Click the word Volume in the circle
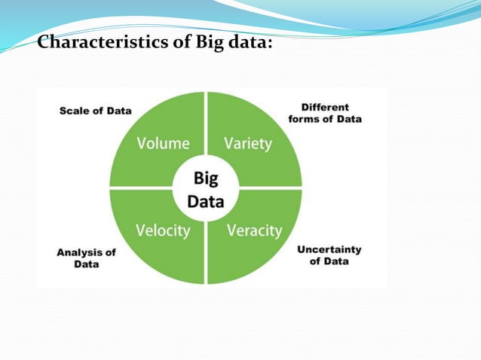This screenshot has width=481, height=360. tap(162, 143)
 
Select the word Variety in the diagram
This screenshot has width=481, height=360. tap(248, 143)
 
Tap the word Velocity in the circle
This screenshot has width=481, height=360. tap(162, 230)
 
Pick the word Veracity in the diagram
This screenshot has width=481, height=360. tap(254, 230)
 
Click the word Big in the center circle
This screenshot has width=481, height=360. tap(205, 178)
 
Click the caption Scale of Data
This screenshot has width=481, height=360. tap(96, 111)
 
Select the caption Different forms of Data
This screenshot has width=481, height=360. tap(326, 113)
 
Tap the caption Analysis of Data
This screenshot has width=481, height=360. tap(86, 258)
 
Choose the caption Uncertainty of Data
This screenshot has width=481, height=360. tap(329, 255)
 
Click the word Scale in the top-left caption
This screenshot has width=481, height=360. tap(75, 111)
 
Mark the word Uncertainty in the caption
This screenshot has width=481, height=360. tap(329, 249)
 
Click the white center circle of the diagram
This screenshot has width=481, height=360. tap(205, 189)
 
